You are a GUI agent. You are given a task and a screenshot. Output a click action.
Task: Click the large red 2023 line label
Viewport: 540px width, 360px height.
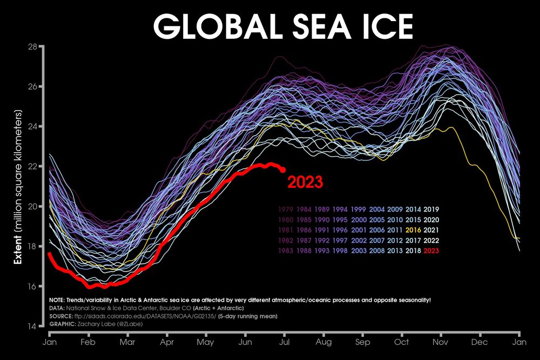point(305,182)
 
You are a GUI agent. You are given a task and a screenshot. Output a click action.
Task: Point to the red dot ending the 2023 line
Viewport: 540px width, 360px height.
point(283,170)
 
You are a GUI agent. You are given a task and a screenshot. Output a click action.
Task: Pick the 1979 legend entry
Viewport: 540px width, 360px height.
point(285,209)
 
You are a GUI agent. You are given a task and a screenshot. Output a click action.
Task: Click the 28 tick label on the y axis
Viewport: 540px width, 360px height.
point(32,46)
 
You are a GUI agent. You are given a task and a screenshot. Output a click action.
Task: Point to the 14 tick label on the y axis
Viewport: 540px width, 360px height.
point(32,326)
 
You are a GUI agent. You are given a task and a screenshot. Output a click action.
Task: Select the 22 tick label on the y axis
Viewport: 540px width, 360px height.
point(32,166)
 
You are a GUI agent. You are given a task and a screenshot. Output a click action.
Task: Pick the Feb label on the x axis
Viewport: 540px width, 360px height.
point(88,342)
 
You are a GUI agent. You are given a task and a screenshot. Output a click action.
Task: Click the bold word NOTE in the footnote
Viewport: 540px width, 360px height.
point(57,300)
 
